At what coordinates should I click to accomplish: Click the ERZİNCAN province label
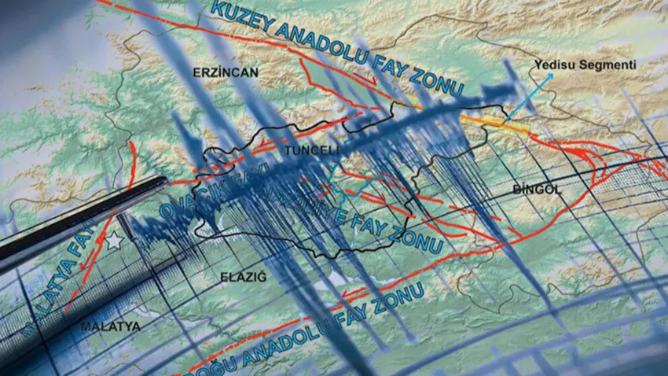[x=225, y=72]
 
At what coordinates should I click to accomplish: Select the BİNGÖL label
[x=538, y=190]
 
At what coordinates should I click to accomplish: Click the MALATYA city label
[x=110, y=326]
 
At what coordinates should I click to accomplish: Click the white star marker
[x=116, y=242]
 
